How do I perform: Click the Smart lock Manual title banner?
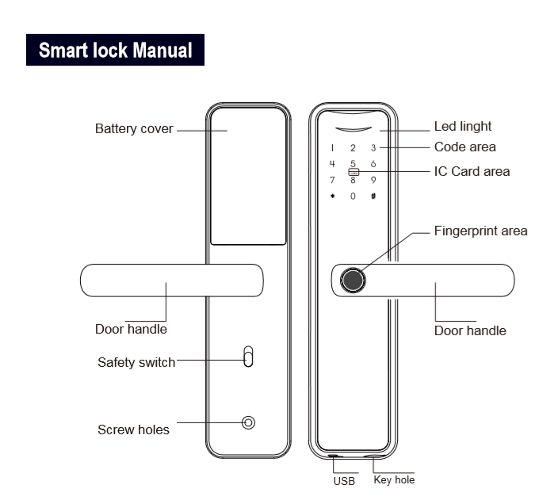[x=116, y=50]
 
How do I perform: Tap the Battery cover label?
[x=134, y=129]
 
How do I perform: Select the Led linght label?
[x=463, y=126]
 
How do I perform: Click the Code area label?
[x=464, y=147]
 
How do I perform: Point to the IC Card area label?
[x=472, y=171]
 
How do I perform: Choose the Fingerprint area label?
[x=480, y=231]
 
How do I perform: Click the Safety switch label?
[x=136, y=363]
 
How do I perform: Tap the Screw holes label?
[x=133, y=430]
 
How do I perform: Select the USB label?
[x=343, y=480]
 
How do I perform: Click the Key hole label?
[x=393, y=479]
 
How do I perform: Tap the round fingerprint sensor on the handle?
[x=352, y=281]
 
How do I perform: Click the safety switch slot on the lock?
[x=248, y=357]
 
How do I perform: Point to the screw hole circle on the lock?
[x=249, y=422]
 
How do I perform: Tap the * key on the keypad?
[x=333, y=195]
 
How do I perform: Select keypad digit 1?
[x=333, y=147]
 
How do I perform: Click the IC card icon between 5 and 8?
[x=353, y=171]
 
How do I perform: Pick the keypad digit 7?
[x=333, y=180]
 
